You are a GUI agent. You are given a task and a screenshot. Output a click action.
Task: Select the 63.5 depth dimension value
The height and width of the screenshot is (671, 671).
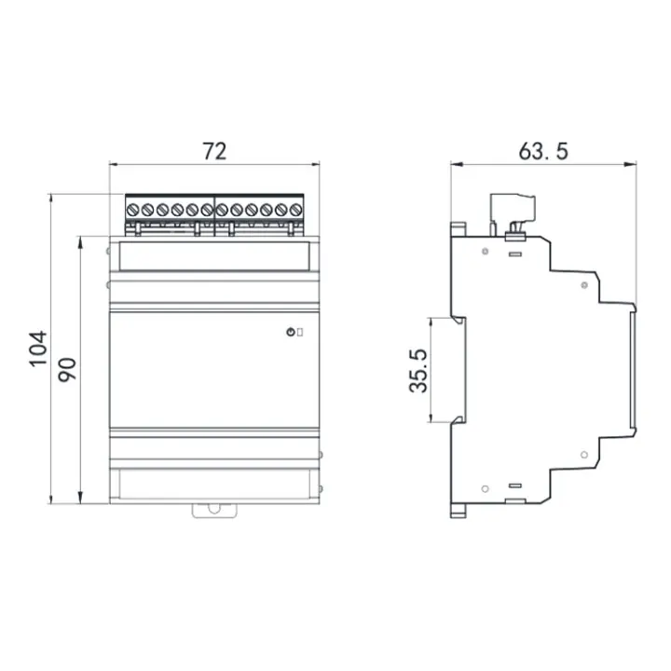pos(542,150)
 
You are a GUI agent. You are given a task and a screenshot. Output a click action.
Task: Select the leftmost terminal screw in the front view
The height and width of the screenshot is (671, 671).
pos(133,210)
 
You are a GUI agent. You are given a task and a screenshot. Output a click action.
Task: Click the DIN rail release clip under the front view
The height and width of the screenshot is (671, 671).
pos(214,509)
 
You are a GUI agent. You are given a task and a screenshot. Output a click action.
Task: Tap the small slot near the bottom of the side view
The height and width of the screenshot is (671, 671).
pos(514,486)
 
